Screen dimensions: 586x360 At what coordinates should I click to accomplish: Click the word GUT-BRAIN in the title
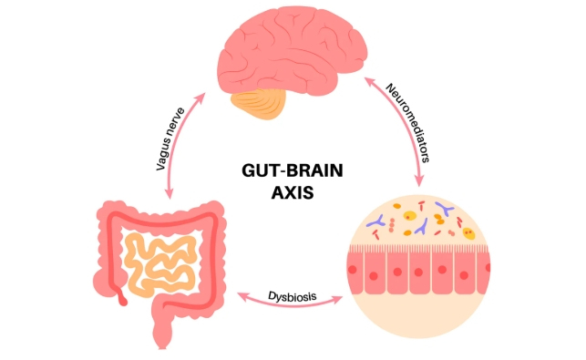293,170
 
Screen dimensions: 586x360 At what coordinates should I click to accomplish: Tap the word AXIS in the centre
293,193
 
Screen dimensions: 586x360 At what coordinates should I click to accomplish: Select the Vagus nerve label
170,139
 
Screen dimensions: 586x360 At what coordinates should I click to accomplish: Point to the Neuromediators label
407,123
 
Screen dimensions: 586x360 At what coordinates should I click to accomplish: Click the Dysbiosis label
293,296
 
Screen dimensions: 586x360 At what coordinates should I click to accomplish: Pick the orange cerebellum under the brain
259,104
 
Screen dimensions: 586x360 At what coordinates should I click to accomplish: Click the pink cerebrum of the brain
292,51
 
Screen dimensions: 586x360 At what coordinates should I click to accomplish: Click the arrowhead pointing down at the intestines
170,193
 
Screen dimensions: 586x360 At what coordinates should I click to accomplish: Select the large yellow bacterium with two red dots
468,233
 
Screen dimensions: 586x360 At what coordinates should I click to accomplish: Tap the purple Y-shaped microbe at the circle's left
376,221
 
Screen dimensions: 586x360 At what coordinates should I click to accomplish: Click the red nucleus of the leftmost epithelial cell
352,269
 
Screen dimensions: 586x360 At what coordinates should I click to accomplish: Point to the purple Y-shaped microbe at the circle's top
445,209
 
